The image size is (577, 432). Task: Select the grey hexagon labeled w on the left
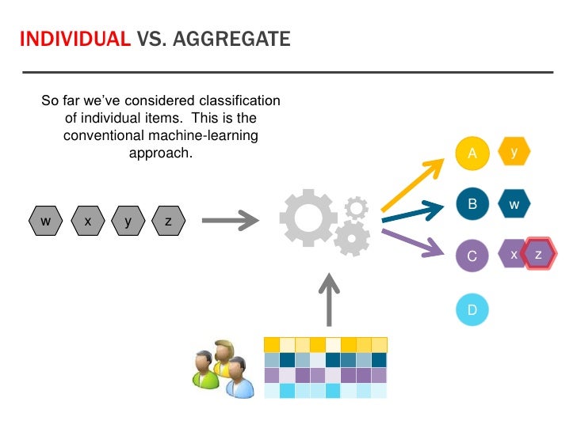tap(46, 222)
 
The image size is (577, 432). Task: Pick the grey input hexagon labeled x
tap(87, 222)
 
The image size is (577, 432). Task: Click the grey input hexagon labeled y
tap(128, 222)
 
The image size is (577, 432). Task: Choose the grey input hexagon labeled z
tap(168, 222)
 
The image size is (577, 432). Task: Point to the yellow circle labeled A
tap(472, 153)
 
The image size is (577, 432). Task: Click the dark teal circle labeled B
tap(472, 204)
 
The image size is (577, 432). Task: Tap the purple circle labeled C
tap(472, 256)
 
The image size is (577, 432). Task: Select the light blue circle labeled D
tap(472, 309)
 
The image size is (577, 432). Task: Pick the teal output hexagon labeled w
tap(514, 204)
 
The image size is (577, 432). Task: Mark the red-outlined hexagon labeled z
tap(540, 255)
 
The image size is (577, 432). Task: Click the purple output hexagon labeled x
tap(513, 255)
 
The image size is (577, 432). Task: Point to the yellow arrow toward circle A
tap(413, 187)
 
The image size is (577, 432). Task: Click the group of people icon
tap(224, 369)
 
